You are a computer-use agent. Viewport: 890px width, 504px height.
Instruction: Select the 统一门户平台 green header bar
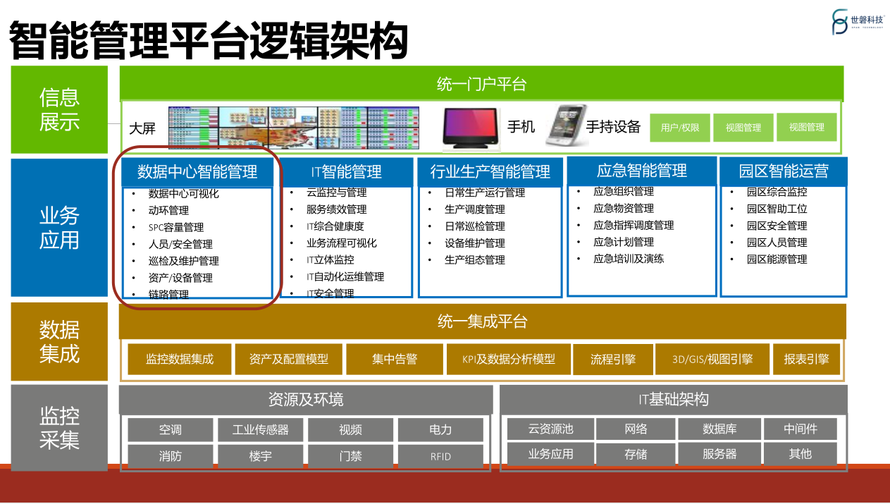coord(481,84)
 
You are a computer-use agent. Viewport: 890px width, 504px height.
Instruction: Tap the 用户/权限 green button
coord(679,128)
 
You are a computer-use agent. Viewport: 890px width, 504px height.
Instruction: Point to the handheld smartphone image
coord(566,125)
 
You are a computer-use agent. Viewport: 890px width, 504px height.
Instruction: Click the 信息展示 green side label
coord(59,109)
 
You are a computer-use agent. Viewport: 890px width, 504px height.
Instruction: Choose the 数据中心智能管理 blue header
coord(197,171)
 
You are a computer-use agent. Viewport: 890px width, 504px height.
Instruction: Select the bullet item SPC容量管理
coord(175,227)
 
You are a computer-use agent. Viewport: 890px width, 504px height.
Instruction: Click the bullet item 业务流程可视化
coord(341,243)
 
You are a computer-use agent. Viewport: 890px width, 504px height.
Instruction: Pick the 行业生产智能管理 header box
coord(490,172)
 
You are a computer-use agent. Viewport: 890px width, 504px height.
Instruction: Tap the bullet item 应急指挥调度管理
coord(633,226)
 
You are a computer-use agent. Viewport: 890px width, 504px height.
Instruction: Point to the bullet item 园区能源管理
coord(777,259)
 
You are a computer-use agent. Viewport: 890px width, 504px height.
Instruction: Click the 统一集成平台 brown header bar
coord(482,322)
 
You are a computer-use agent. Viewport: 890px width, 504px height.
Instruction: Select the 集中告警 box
coord(395,359)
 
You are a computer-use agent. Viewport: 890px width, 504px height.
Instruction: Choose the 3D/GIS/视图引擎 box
coord(712,359)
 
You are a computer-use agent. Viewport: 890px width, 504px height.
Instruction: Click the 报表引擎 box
coord(806,359)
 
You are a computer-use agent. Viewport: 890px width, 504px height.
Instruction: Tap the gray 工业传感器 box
coord(260,429)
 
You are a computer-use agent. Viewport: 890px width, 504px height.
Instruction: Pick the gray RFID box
coord(440,456)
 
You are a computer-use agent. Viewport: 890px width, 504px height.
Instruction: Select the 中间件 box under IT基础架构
coord(800,429)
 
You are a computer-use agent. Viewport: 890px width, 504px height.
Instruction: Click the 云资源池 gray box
coord(550,429)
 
